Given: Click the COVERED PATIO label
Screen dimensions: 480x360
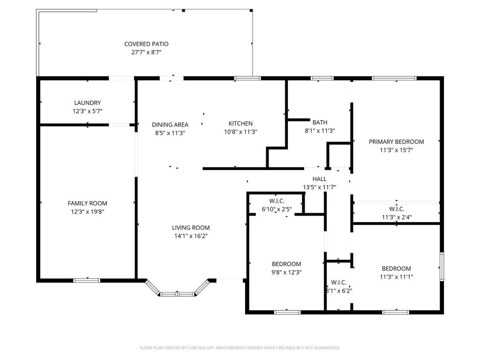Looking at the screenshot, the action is click(146, 44).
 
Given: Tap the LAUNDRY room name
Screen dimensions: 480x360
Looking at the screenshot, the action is click(88, 103).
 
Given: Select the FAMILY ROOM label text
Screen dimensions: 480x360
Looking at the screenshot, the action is click(88, 203).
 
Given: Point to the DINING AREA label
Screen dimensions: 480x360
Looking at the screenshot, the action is click(170, 125).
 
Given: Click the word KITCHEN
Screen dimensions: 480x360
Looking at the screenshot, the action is click(240, 123).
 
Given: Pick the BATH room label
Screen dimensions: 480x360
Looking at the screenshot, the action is click(320, 122).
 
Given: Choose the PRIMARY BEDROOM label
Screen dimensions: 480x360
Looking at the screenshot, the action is click(397, 142).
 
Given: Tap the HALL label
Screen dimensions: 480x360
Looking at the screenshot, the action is click(320, 179).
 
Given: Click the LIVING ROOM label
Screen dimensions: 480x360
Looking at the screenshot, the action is click(191, 227).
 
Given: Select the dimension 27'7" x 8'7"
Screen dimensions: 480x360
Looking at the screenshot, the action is click(146, 52).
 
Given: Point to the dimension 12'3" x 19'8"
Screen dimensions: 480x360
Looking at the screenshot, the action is click(88, 211).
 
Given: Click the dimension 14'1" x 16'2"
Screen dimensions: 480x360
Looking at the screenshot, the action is click(191, 236).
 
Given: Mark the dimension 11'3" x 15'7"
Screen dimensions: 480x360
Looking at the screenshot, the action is click(397, 150).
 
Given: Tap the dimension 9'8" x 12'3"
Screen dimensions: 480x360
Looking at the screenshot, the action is click(286, 272).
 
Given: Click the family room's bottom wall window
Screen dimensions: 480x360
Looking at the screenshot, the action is click(87, 280).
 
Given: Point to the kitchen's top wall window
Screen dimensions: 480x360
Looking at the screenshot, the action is click(247, 78).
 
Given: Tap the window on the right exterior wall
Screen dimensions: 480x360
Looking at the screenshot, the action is click(442, 267).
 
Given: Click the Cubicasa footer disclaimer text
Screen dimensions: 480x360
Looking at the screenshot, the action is click(240, 348).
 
